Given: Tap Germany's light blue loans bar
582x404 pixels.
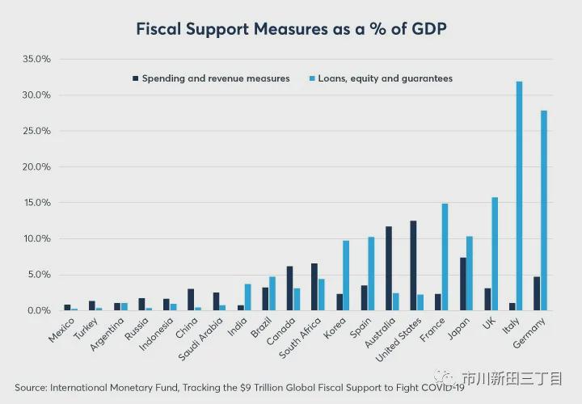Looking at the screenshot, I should (x=543, y=210).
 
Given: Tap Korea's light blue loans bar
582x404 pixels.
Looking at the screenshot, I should (x=346, y=275).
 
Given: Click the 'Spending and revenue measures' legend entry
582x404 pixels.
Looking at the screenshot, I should (x=215, y=78).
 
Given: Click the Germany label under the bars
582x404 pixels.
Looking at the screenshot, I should (x=531, y=334).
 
